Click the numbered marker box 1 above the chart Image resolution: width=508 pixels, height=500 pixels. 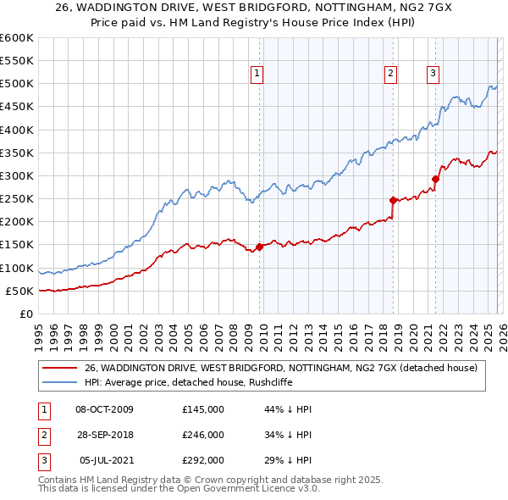click(x=257, y=74)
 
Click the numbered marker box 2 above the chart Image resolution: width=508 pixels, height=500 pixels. click(x=391, y=74)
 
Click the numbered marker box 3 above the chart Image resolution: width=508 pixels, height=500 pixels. click(x=433, y=74)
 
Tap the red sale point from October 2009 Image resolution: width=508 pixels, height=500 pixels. click(x=259, y=247)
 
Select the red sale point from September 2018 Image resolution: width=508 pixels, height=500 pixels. click(x=394, y=201)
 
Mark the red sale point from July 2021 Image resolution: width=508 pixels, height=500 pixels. click(x=435, y=179)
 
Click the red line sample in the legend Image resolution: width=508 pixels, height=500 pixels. click(x=59, y=368)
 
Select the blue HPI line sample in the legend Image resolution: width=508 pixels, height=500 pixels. click(x=59, y=382)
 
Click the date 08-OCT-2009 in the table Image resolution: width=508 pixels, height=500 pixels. click(x=104, y=409)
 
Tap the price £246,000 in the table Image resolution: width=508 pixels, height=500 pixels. click(x=203, y=435)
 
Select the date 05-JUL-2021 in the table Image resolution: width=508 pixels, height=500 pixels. click(x=104, y=460)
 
